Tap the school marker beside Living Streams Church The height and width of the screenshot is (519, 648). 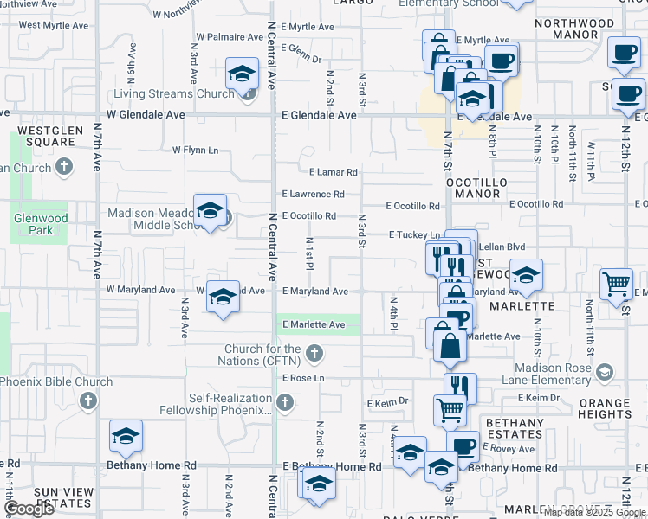243,74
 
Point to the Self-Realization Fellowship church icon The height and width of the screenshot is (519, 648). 285,401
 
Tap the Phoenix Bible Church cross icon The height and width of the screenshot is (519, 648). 87,400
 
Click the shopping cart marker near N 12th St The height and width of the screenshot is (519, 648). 616,284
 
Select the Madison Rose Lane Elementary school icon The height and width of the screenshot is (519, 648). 605,372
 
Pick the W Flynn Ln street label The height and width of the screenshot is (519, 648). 195,150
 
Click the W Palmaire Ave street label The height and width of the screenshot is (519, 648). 229,37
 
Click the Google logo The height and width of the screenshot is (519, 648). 29,509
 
